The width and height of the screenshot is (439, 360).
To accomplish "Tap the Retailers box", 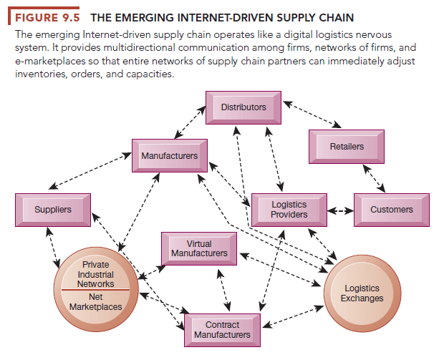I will tap(347, 147).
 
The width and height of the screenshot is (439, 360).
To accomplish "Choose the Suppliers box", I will tap(52, 210).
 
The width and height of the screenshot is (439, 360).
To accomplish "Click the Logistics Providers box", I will tap(289, 210).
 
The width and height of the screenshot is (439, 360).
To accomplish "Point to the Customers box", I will tap(391, 210).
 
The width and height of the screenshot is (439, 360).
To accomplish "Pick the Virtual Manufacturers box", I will tap(199, 249).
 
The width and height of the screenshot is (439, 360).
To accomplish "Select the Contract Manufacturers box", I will tap(222, 330).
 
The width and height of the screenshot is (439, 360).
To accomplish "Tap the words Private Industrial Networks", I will tap(95, 275).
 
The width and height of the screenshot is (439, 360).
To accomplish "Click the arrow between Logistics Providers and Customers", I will tap(340, 210).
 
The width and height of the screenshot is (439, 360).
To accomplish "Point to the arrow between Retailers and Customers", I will tap(371, 178).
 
